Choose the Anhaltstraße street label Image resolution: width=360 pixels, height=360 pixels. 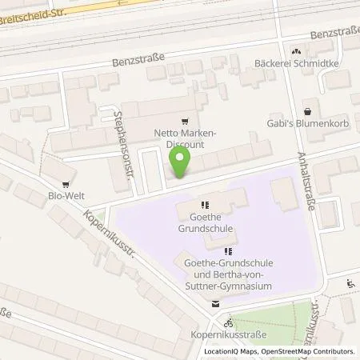point(306,182)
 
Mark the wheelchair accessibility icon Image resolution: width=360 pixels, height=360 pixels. point(350,282)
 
